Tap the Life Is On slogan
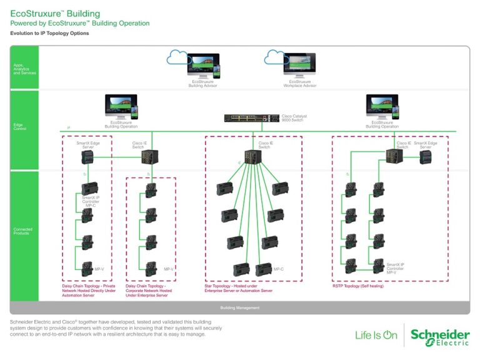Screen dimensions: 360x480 (376, 336)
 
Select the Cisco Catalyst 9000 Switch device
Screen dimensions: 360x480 (252, 117)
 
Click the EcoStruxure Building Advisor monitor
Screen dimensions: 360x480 (204, 66)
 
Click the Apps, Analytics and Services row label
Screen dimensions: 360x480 (24, 68)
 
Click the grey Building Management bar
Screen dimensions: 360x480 (240, 307)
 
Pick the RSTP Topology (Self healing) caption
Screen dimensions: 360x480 (357, 286)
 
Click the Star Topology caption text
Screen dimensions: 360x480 (238, 288)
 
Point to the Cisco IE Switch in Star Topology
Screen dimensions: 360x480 (254, 157)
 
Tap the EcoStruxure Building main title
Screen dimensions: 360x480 (54, 13)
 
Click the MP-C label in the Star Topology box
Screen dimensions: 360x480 (278, 269)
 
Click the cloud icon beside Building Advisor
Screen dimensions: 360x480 (179, 58)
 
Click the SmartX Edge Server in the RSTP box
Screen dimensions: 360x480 (425, 157)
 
